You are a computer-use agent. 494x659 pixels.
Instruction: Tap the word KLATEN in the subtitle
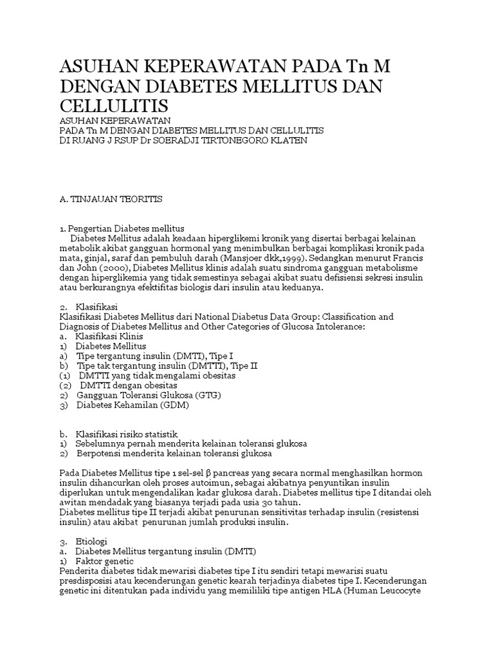click(x=289, y=140)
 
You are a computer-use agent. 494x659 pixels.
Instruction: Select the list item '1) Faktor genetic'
click(x=95, y=561)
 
